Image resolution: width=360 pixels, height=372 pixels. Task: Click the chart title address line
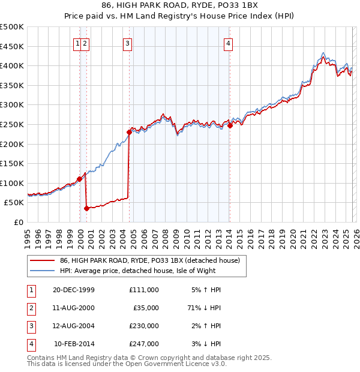coord(180,5)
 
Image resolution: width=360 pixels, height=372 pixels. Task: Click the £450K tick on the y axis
coord(12,46)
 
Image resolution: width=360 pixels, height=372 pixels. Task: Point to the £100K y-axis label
coord(12,183)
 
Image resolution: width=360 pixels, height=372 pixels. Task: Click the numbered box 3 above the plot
coord(128,43)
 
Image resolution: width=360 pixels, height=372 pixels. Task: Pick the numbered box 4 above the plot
coord(229,43)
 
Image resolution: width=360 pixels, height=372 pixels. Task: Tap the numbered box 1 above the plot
coord(78,43)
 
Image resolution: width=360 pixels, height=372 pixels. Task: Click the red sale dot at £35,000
coord(86,208)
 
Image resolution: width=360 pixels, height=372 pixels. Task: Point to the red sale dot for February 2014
coord(230,125)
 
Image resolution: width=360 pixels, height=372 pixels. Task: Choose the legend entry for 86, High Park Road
coord(149,260)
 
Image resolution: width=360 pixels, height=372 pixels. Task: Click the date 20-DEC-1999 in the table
coord(74,290)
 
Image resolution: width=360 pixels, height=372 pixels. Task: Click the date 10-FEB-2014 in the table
coord(74,344)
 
